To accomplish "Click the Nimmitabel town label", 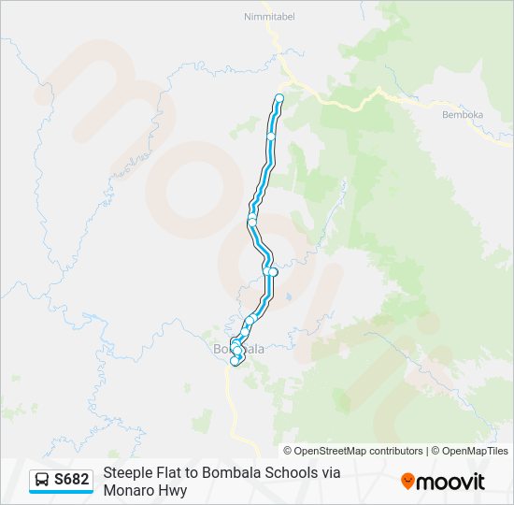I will coord(268,16).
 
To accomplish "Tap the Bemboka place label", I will coord(462,114).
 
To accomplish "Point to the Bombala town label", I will coord(239,349).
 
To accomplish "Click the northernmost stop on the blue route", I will coord(279,97).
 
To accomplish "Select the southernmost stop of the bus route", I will coord(234,361).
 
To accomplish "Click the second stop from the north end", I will coord(271,137).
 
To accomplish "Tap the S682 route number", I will coord(72,480).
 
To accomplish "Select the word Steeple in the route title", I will coord(128,473).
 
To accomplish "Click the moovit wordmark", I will coord(450,482).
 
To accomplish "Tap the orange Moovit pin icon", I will coord(407,482).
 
